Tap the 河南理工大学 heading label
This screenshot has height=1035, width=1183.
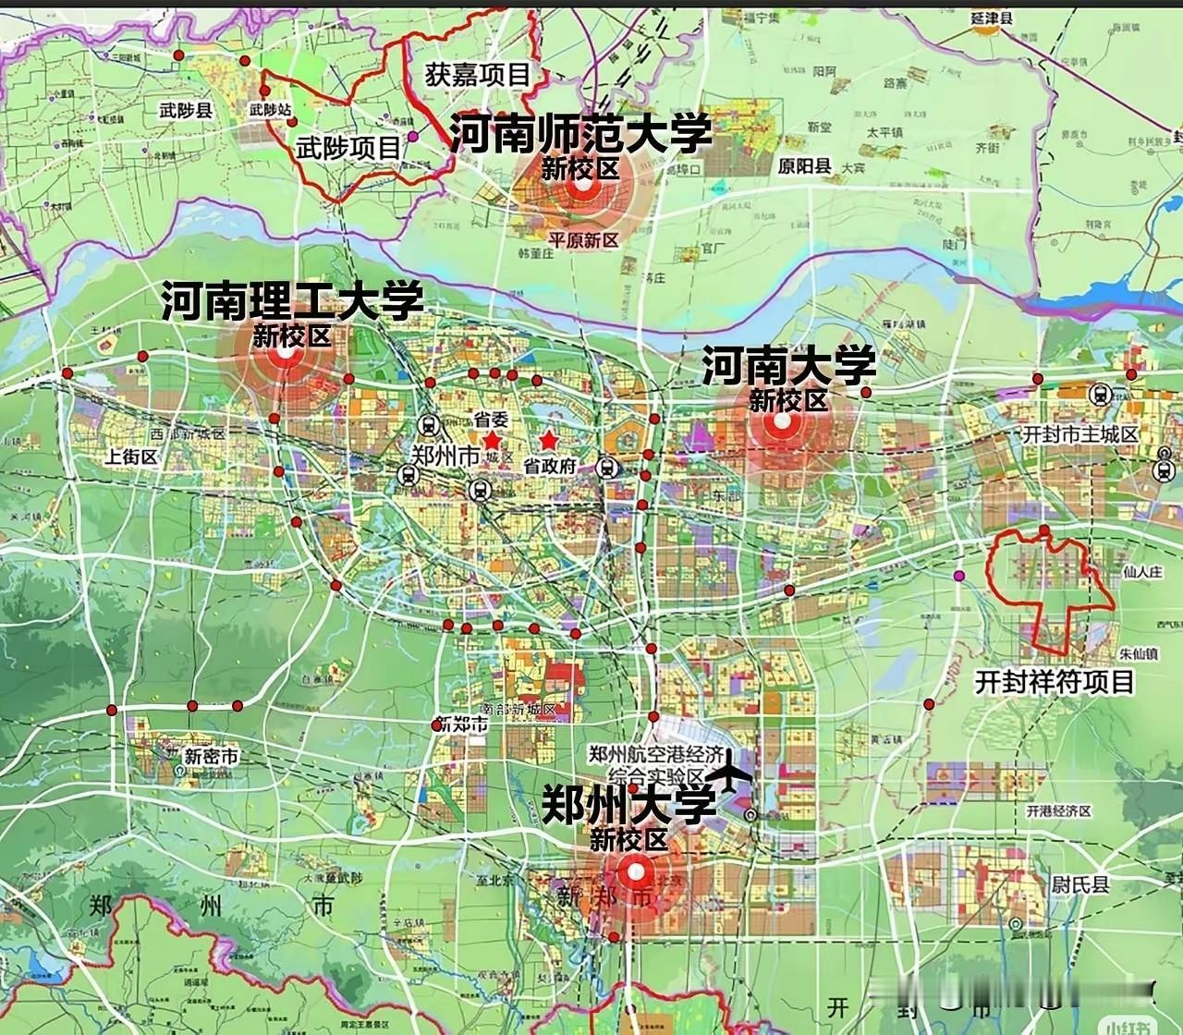(x=292, y=302)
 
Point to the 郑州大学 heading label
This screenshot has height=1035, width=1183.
(x=628, y=804)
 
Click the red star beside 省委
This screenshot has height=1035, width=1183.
(x=491, y=441)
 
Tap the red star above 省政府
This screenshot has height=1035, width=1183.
(x=549, y=440)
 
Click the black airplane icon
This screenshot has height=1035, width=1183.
(x=733, y=772)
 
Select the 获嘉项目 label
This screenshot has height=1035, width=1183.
(x=478, y=75)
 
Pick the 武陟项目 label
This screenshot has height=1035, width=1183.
(x=349, y=147)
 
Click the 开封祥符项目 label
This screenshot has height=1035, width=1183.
(x=1055, y=682)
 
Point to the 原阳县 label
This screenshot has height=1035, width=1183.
(x=804, y=166)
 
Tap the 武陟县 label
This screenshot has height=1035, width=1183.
(x=186, y=111)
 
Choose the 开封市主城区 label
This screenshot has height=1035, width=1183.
(x=1080, y=433)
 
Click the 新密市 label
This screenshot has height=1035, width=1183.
(x=211, y=756)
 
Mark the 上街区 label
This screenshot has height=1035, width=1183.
(x=132, y=456)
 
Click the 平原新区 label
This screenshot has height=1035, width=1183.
(x=583, y=238)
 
